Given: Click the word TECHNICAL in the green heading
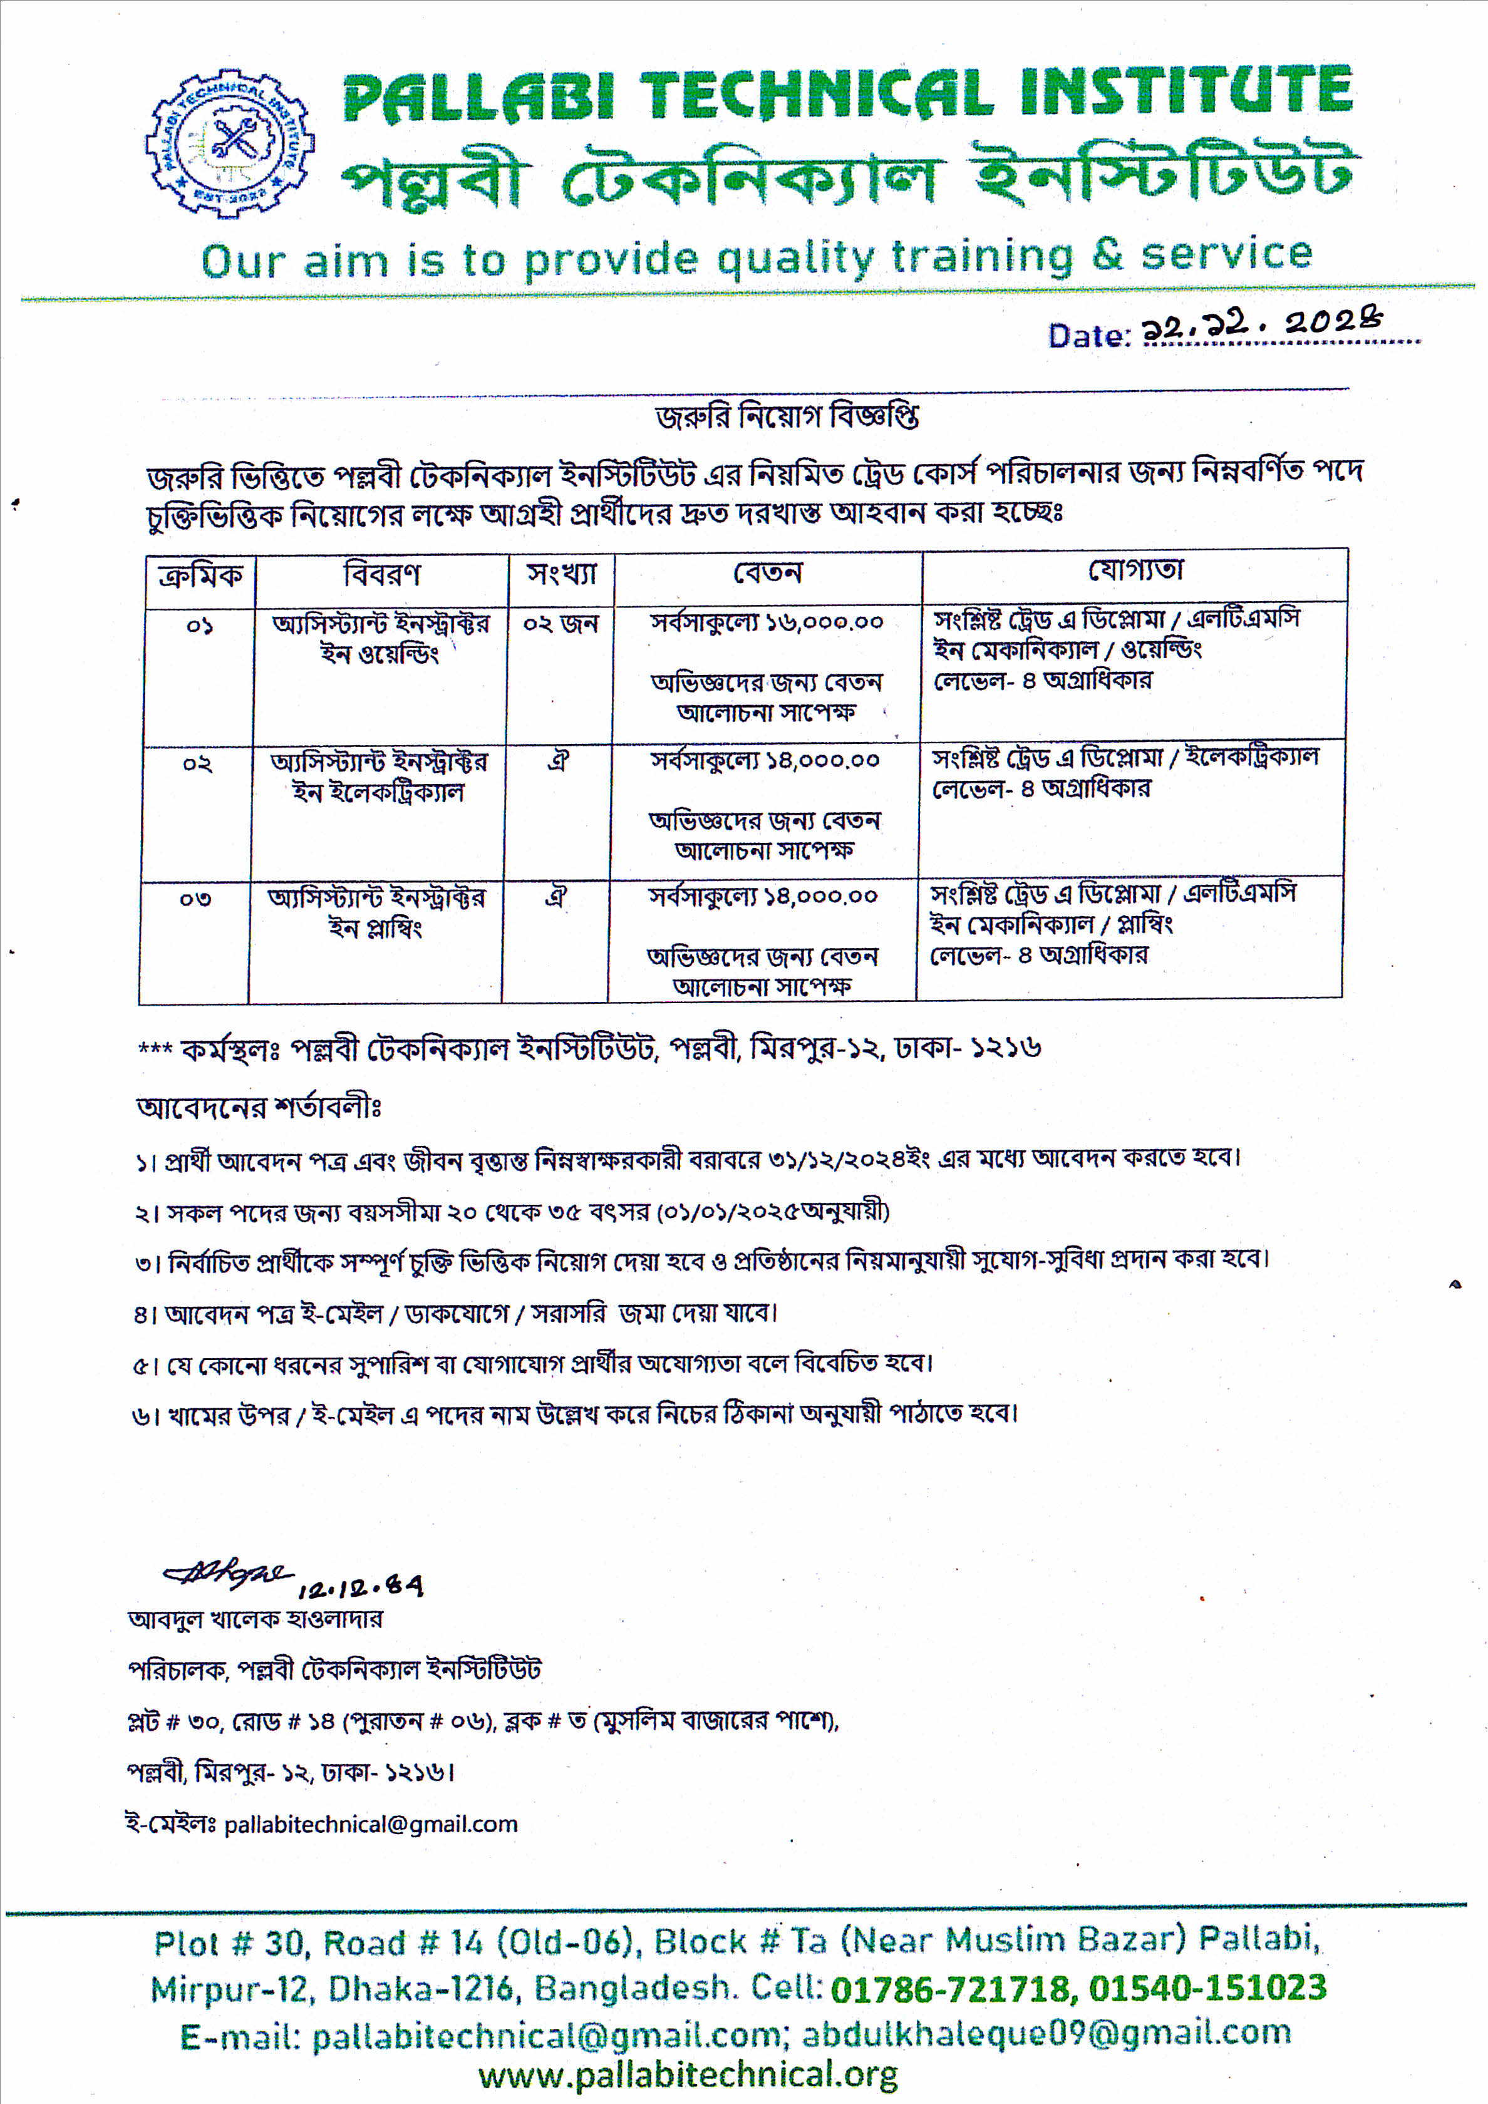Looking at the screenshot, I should tap(815, 95).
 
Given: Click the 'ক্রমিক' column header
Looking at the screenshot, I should tap(200, 576).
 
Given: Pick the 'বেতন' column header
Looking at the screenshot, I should tap(767, 574).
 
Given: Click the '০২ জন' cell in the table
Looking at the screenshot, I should tap(560, 624).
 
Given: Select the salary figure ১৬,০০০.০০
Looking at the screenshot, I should tap(825, 623).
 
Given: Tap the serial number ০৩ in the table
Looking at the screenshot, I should tap(195, 899).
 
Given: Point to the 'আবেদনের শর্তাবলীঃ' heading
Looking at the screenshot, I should tap(259, 1108).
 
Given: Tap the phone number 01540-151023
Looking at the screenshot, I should tap(1207, 1987).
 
